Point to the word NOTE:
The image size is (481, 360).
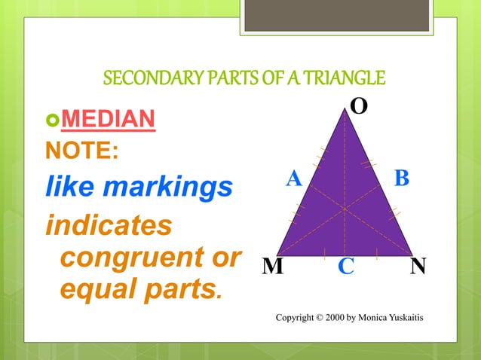[82, 151]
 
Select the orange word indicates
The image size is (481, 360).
[108, 224]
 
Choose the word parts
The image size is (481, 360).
[179, 288]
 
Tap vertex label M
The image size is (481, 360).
[273, 267]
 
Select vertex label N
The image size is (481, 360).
[418, 267]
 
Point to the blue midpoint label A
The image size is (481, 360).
[294, 178]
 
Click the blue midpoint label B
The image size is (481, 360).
[402, 178]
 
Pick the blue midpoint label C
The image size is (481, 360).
[346, 267]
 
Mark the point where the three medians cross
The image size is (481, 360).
[345, 209]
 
